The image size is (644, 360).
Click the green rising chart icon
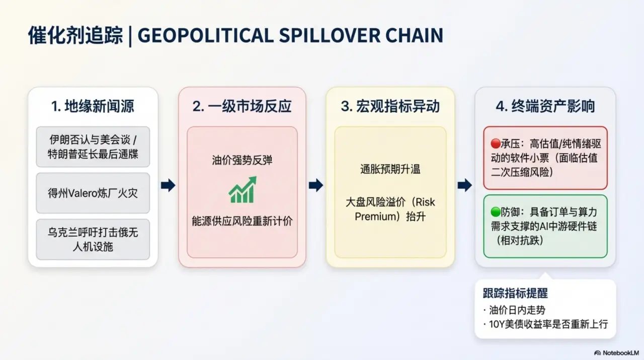tap(242, 190)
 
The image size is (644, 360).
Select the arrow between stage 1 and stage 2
tap(168, 185)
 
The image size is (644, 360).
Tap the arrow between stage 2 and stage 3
tap(315, 185)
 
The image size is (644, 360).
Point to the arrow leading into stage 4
tap(464, 185)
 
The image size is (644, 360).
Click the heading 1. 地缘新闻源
tap(93, 106)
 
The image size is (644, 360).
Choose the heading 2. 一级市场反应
tap(242, 106)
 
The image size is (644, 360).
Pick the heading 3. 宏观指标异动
tap(390, 106)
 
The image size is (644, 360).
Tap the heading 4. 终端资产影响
tap(545, 106)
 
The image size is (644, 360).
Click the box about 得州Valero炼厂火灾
tap(93, 193)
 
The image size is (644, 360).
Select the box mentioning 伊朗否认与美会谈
tap(93, 147)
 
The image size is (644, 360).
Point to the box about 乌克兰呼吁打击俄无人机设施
tap(93, 239)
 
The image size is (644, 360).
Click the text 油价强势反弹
tap(242, 161)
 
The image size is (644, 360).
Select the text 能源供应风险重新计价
tap(242, 221)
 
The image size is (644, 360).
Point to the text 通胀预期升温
tap(390, 170)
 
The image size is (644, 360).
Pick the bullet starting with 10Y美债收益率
tap(545, 324)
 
